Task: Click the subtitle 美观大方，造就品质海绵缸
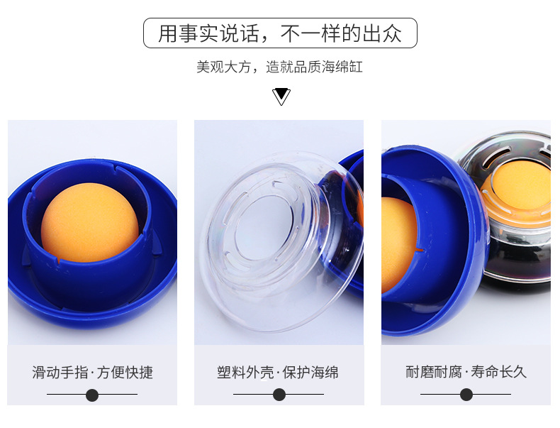pyautogui.click(x=279, y=67)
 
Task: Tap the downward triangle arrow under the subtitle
pyautogui.click(x=281, y=97)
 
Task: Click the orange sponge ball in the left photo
pyautogui.click(x=89, y=222)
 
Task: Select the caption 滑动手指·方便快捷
pyautogui.click(x=92, y=372)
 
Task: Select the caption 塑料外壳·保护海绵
pyautogui.click(x=278, y=372)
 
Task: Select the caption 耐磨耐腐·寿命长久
pyautogui.click(x=466, y=372)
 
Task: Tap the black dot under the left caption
pyautogui.click(x=92, y=395)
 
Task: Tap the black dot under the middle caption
pyautogui.click(x=279, y=395)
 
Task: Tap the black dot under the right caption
pyautogui.click(x=466, y=395)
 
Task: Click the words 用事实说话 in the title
pyautogui.click(x=208, y=33)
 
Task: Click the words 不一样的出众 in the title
pyautogui.click(x=341, y=33)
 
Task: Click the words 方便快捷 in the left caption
pyautogui.click(x=125, y=372)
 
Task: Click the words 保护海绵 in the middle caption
pyautogui.click(x=310, y=372)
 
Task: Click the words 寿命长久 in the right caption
pyautogui.click(x=499, y=372)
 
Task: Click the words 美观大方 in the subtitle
pyautogui.click(x=224, y=67)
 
